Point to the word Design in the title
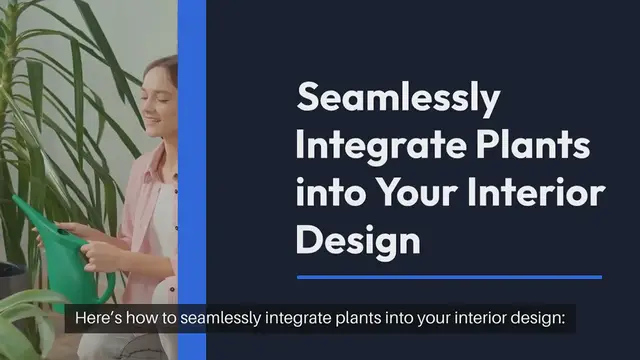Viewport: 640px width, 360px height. [358, 240]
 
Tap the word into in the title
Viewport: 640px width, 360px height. [331, 193]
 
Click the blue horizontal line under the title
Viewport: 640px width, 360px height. [450, 277]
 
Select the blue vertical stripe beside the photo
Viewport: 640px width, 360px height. [191, 150]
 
